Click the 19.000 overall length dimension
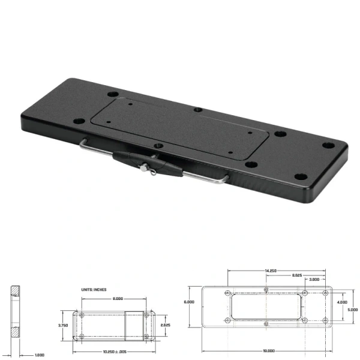[x=268, y=350]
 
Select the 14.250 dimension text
[x=270, y=271]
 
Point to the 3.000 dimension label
[x=314, y=280]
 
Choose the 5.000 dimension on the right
[x=353, y=310]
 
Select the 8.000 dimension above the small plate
[x=118, y=298]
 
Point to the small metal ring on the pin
[x=151, y=173]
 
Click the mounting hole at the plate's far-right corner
[x=328, y=145]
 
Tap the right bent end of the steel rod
[x=224, y=178]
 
